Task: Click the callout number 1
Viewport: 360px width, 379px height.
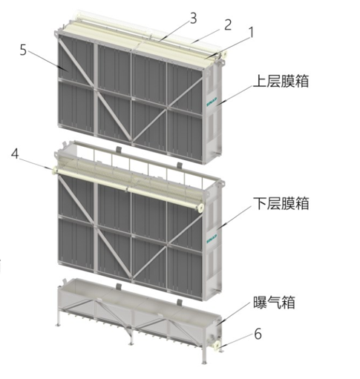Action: click(251, 33)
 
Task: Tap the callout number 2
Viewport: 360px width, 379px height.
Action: click(228, 24)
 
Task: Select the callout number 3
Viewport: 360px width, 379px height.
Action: click(193, 18)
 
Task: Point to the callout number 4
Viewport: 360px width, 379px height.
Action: click(15, 154)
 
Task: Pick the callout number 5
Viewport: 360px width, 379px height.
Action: click(23, 50)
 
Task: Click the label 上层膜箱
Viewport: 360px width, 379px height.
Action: click(281, 81)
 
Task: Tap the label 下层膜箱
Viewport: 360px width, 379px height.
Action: click(281, 203)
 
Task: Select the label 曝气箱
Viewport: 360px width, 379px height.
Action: click(274, 302)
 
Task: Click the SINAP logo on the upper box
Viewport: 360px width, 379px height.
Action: click(212, 101)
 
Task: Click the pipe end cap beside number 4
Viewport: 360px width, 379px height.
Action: click(54, 171)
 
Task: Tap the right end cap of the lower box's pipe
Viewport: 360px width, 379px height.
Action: click(201, 207)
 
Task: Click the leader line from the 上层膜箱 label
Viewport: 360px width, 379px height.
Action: click(235, 94)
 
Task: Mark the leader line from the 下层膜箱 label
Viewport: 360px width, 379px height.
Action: click(235, 217)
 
